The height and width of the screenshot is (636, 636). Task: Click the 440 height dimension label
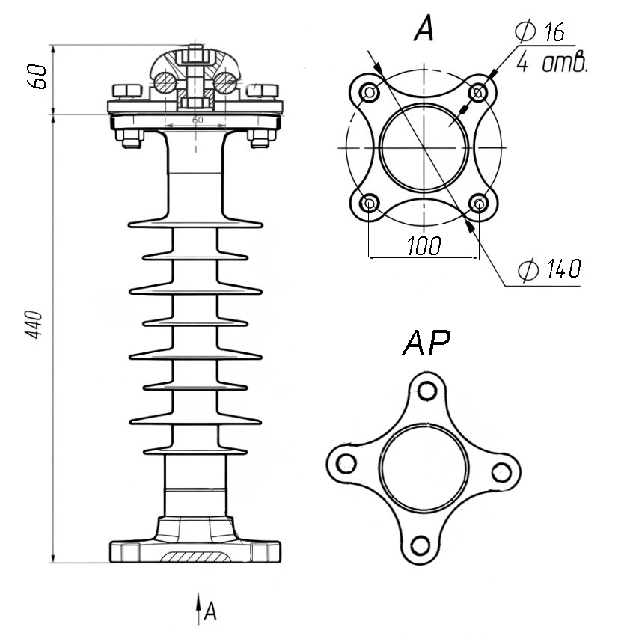tap(34, 325)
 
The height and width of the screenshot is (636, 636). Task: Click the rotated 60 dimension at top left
tap(37, 76)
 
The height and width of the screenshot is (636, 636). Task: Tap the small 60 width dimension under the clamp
tap(198, 120)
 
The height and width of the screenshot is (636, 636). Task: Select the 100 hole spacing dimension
tap(424, 246)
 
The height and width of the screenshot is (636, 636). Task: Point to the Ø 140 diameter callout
tap(550, 269)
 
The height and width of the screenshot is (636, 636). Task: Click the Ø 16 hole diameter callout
tap(540, 31)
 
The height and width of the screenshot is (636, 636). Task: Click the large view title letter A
tap(424, 28)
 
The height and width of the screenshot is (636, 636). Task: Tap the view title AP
tap(426, 342)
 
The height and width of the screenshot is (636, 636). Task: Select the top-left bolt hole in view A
tap(370, 93)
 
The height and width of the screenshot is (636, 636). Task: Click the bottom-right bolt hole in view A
tap(479, 203)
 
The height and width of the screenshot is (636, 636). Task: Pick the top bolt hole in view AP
tap(426, 391)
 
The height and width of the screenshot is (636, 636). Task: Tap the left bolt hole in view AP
tap(346, 463)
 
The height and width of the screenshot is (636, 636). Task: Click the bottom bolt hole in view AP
tap(421, 545)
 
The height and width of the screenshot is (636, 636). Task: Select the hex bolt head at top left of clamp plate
tap(126, 91)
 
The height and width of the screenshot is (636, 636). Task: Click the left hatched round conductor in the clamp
tap(165, 82)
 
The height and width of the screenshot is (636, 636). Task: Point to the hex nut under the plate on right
tap(260, 138)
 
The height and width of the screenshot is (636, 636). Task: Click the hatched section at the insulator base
tap(195, 557)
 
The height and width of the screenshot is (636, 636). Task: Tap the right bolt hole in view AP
tap(502, 472)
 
